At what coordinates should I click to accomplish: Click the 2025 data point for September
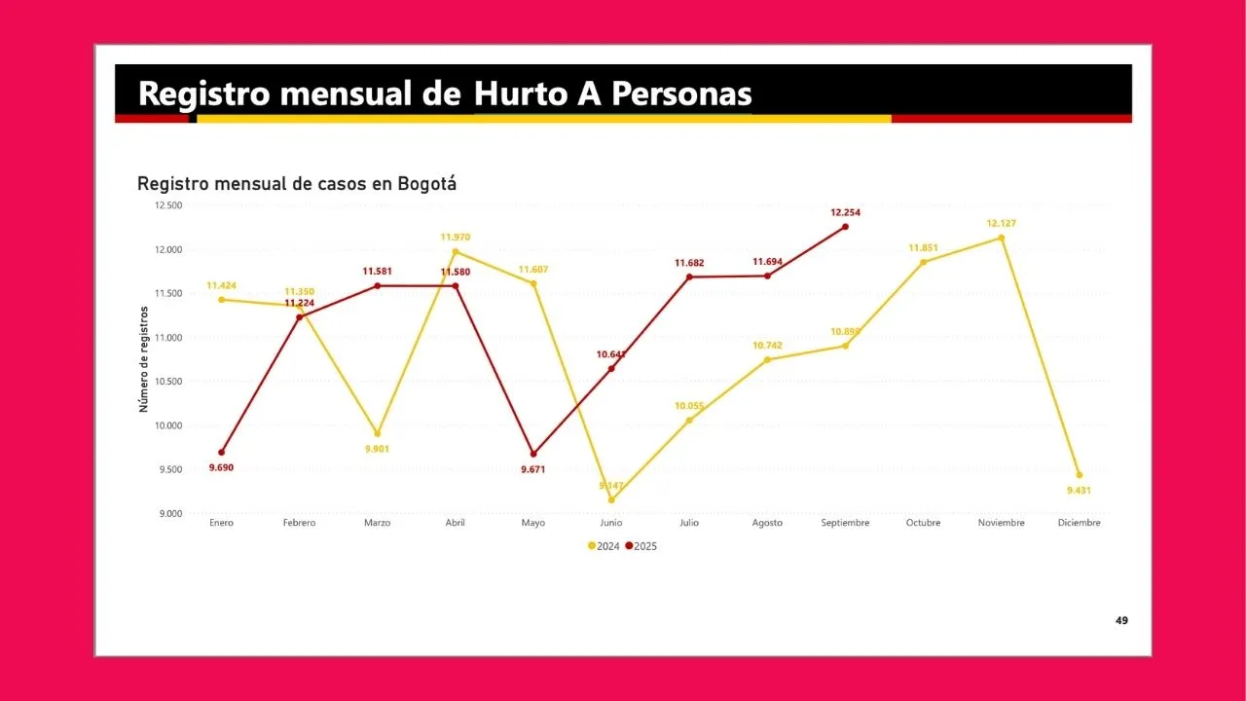point(845,227)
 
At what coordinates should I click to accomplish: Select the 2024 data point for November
point(1001,238)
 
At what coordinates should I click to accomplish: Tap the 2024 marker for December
point(1079,475)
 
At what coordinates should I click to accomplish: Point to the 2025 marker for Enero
point(222,452)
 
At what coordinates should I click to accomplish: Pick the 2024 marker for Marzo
point(378,434)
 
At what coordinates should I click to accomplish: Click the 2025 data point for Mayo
point(533,454)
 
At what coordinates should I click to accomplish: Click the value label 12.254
point(845,212)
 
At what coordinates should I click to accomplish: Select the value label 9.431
point(1079,491)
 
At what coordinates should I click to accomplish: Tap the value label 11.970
point(456,237)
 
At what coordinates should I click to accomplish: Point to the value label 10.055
point(689,405)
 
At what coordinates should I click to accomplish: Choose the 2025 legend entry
point(641,546)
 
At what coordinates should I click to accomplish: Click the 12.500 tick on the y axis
point(168,205)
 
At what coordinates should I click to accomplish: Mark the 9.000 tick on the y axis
point(171,513)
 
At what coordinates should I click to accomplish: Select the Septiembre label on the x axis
point(845,523)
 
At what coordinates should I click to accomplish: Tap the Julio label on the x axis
point(689,523)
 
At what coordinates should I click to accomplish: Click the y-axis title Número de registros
point(144,359)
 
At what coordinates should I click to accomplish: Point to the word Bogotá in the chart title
point(427,183)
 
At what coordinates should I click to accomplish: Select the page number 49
point(1121,620)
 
